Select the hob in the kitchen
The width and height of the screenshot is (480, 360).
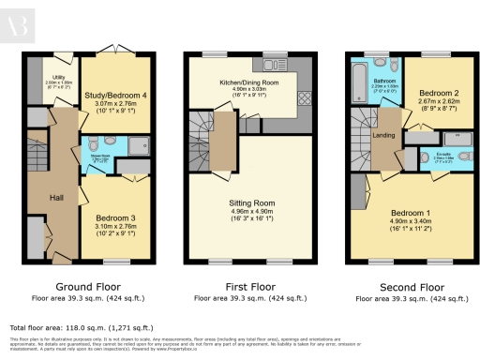pyautogui.click(x=304, y=98)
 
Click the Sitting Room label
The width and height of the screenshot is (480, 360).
pyautogui.click(x=251, y=202)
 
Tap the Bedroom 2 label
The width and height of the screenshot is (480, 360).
pyautogui.click(x=437, y=94)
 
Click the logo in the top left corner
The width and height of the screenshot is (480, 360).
pyautogui.click(x=19, y=20)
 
